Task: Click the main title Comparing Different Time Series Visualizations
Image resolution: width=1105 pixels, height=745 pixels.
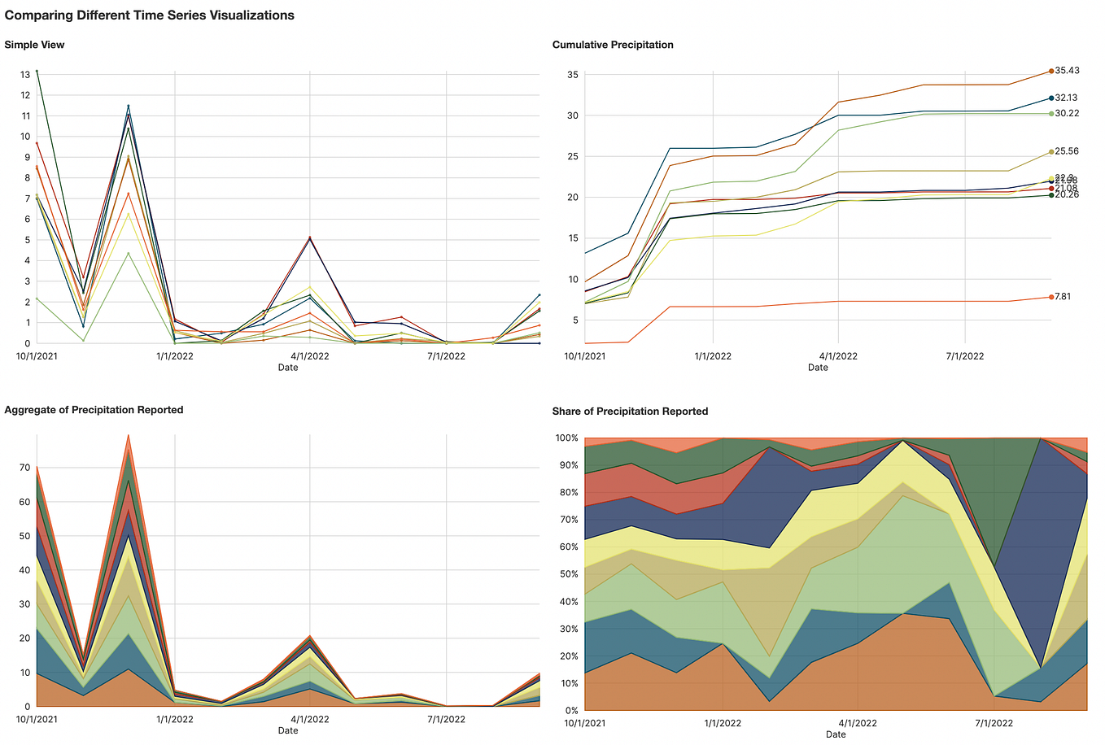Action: point(150,15)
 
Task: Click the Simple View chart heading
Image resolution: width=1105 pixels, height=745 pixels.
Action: point(34,45)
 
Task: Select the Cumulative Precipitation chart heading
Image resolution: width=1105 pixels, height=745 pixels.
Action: point(613,45)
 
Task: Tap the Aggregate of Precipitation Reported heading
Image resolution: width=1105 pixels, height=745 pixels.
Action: point(94,410)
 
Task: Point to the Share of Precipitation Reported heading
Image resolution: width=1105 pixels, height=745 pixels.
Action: point(630,412)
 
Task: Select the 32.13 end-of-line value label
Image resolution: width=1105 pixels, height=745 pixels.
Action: point(1067,98)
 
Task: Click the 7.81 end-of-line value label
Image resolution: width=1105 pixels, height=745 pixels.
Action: point(1064,297)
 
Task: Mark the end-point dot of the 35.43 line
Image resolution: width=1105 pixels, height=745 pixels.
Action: point(1051,72)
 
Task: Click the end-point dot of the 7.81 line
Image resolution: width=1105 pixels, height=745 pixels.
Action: point(1051,297)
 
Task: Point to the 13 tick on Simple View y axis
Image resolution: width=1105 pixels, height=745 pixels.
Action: point(25,75)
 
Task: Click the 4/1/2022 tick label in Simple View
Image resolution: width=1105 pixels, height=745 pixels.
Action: point(310,356)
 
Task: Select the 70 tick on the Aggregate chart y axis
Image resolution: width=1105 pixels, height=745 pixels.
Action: point(25,468)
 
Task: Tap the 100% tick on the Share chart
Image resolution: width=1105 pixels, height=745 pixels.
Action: point(566,438)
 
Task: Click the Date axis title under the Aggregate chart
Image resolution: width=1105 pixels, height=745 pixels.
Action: point(288,730)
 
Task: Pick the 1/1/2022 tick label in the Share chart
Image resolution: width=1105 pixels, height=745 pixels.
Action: point(723,723)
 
